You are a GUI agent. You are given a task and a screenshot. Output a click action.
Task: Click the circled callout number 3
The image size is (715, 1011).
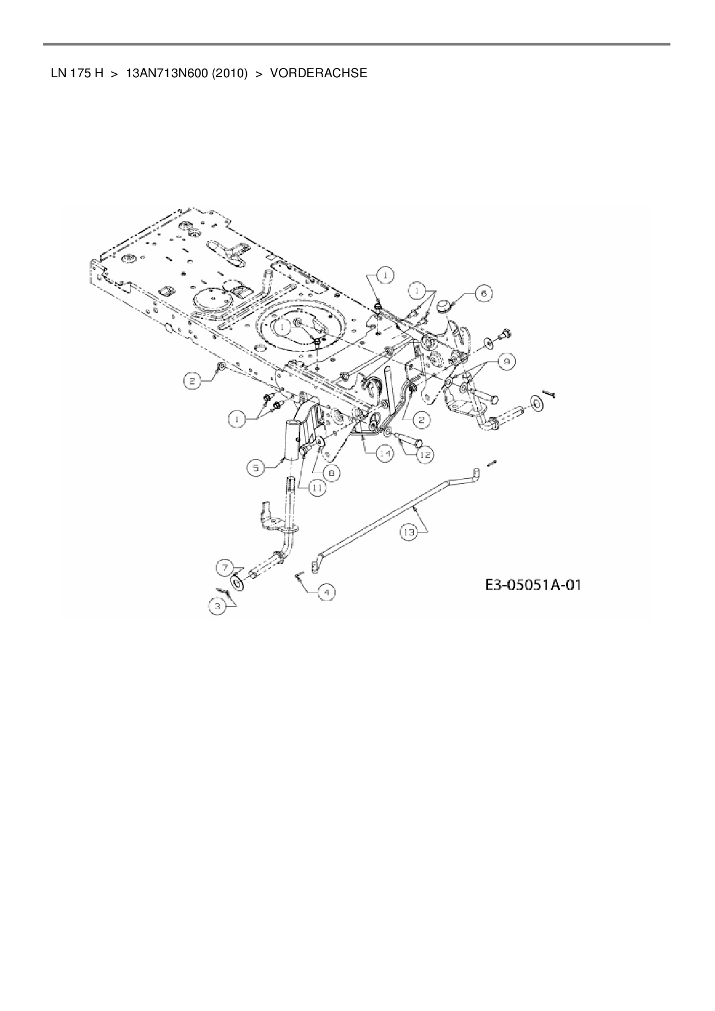click(x=217, y=606)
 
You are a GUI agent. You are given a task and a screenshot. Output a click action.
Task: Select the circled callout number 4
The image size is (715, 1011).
click(x=326, y=592)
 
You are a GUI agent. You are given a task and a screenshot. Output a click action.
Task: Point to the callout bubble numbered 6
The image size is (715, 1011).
click(x=483, y=293)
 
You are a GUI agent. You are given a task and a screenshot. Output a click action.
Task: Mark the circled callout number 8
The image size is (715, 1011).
click(x=332, y=473)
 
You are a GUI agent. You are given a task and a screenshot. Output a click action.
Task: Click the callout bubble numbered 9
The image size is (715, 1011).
click(x=506, y=361)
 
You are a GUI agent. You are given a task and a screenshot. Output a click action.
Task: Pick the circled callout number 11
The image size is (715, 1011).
click(x=316, y=488)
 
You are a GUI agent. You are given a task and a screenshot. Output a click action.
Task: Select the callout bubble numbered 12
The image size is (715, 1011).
click(x=424, y=455)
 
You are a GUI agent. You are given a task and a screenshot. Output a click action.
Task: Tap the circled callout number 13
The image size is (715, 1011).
click(x=408, y=533)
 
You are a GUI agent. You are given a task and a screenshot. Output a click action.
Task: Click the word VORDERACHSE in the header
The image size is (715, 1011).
click(x=318, y=74)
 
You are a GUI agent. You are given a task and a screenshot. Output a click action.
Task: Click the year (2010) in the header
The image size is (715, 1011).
click(x=229, y=74)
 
